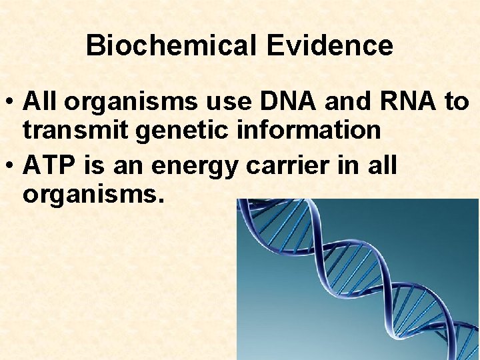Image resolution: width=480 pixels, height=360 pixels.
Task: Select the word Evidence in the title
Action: coord(329,46)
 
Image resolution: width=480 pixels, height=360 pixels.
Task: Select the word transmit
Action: coord(76,131)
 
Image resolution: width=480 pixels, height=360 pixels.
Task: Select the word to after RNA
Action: coord(457,102)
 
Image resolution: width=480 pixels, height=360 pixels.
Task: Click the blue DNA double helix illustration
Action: coord(358,280)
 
